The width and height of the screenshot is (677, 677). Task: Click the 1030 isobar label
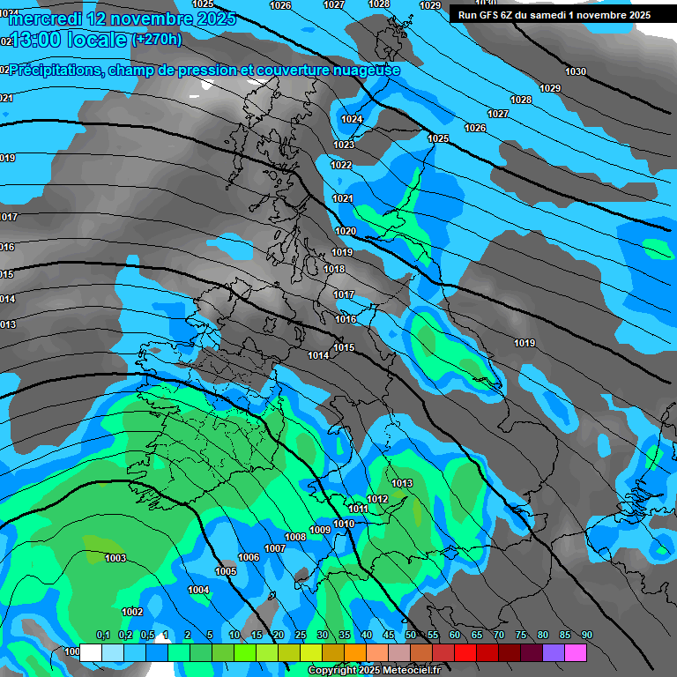tap(576, 71)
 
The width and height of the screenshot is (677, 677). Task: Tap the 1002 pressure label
tap(132, 612)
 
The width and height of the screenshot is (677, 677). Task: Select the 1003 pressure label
tap(115, 558)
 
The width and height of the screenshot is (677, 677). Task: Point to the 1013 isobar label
tap(402, 483)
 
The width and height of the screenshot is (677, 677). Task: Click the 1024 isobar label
tap(352, 119)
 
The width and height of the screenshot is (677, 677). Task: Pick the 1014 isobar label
tap(318, 355)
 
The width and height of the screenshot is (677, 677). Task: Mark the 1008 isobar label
tap(295, 537)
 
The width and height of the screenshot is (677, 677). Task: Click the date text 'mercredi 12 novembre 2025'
tap(119, 18)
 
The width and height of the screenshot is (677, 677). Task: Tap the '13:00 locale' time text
tap(67, 39)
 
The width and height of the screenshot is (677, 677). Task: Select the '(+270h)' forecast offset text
tap(157, 39)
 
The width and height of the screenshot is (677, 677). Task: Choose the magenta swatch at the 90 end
tap(577, 652)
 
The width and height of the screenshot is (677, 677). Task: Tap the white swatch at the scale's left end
tap(90, 652)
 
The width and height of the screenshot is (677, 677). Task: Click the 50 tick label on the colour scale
tap(411, 636)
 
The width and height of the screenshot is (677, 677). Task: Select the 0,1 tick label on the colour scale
tap(103, 636)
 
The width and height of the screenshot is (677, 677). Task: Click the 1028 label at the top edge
tap(379, 4)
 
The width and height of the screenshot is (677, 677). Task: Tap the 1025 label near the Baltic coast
tap(438, 138)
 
